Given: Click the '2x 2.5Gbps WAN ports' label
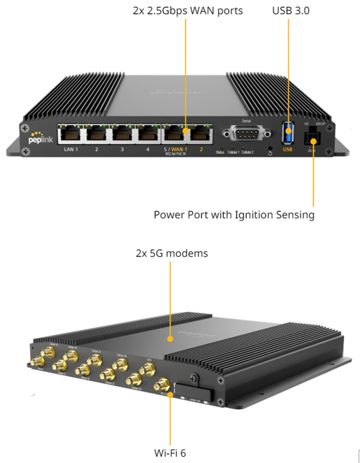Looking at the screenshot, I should (x=187, y=11).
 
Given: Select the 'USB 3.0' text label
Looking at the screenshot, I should (x=291, y=11).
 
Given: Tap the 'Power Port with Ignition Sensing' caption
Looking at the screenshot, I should (x=233, y=215).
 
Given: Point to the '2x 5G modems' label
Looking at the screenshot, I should (x=171, y=253).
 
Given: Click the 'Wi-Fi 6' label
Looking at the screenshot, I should (x=171, y=453).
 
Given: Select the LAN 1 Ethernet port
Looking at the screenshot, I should (x=71, y=133).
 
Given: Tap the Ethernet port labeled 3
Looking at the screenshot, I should (x=122, y=133).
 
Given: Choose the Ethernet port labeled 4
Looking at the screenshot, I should (x=147, y=133).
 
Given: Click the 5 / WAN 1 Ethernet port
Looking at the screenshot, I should (x=175, y=133).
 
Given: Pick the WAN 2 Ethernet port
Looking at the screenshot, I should (x=200, y=133).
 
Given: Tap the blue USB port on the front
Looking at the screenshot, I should (x=288, y=131).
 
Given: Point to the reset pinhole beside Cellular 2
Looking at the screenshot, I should (x=271, y=150).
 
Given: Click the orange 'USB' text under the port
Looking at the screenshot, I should (x=288, y=149).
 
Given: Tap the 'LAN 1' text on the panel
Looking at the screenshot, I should (x=71, y=150).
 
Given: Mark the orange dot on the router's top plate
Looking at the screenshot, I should (x=170, y=339).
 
